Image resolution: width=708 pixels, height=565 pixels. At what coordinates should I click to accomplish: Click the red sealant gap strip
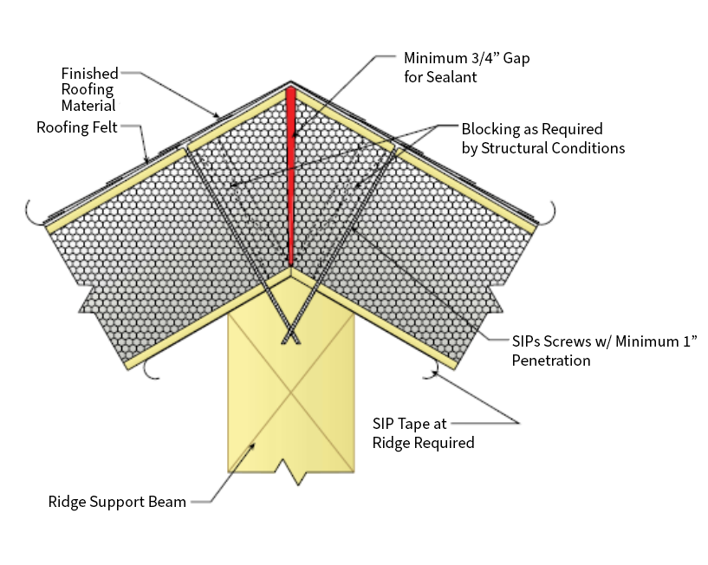click(x=292, y=173)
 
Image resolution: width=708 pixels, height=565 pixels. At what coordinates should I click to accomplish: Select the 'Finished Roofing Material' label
click(x=88, y=89)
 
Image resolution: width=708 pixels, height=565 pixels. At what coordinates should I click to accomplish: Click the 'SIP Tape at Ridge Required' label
click(x=423, y=433)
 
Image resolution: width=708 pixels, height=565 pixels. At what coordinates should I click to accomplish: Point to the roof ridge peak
click(x=291, y=84)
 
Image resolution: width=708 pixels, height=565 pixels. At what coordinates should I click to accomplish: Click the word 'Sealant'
click(x=454, y=77)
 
